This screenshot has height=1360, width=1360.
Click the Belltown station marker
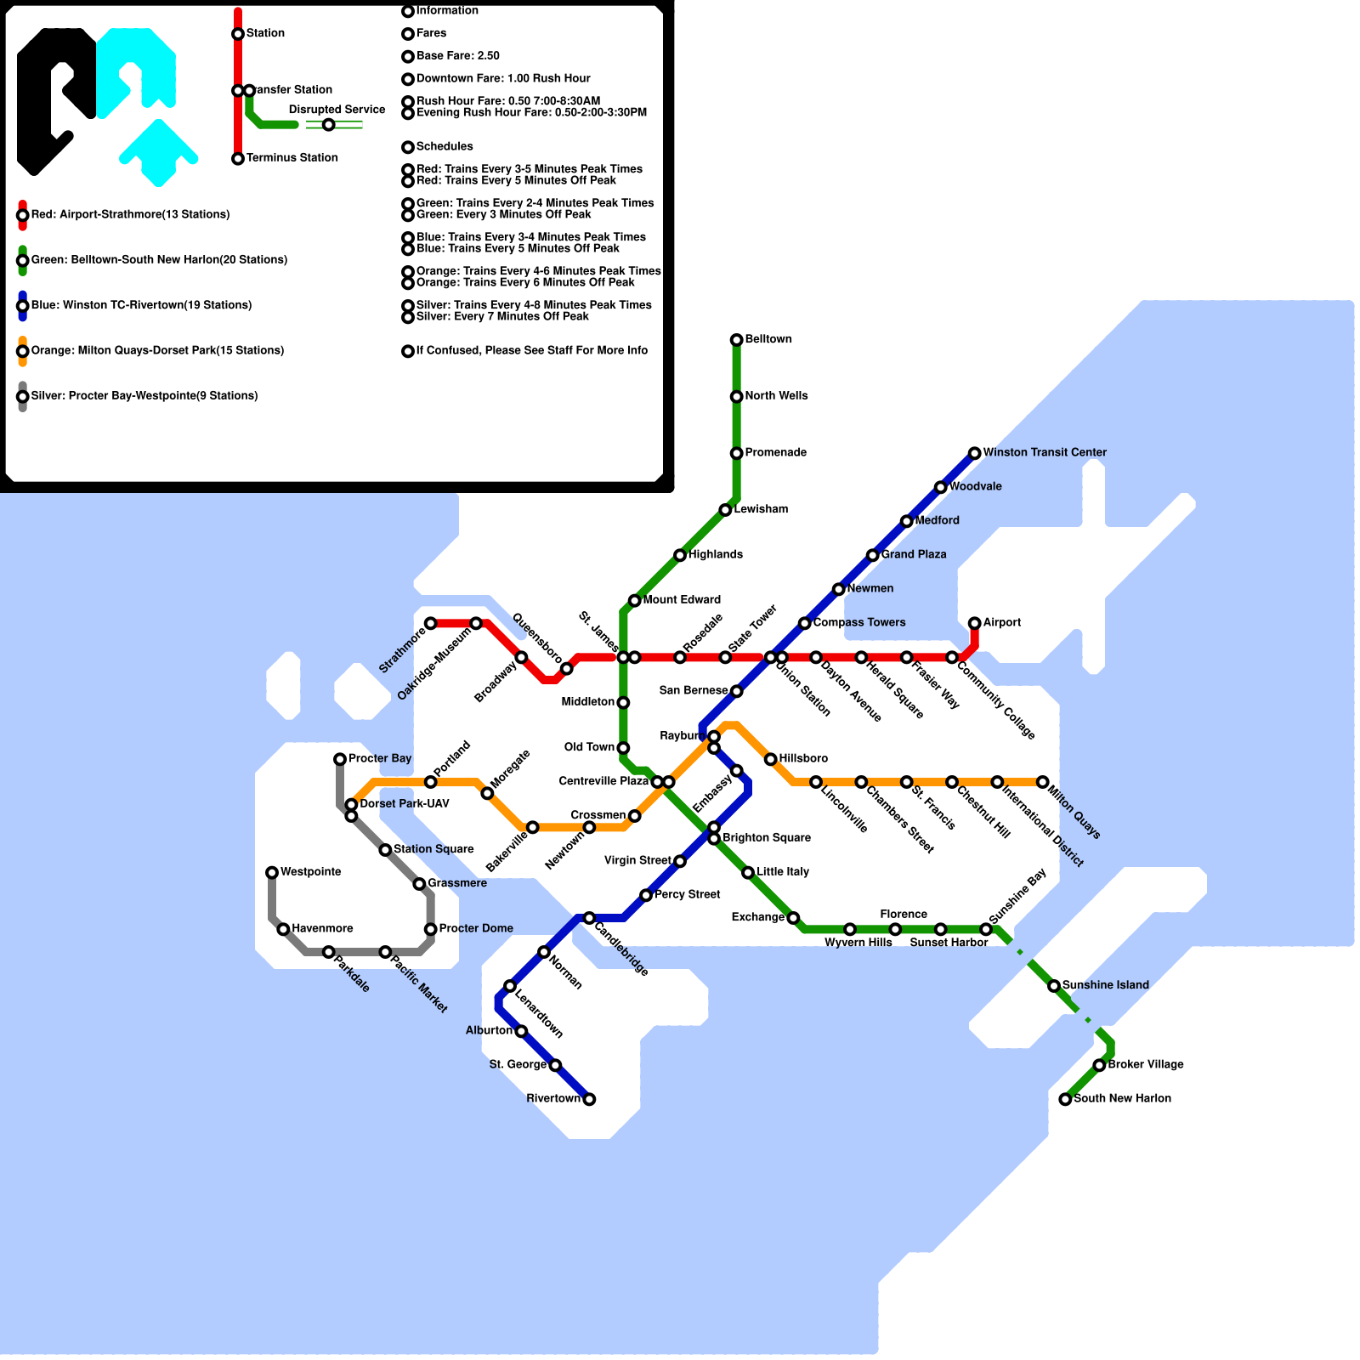[736, 340]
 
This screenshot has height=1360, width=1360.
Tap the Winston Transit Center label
[1044, 452]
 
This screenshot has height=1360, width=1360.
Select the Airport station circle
[974, 623]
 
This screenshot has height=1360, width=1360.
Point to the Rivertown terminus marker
[589, 1099]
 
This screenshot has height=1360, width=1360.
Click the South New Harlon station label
[1122, 1098]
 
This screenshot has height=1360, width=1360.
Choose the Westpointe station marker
[272, 872]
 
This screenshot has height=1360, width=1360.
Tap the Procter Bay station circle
[340, 759]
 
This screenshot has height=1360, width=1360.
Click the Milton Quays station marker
[1042, 782]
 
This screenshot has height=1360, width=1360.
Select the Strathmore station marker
[431, 623]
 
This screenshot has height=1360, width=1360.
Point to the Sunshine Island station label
[1105, 985]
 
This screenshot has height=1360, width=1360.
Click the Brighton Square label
[766, 837]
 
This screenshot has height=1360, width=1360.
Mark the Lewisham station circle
[725, 510]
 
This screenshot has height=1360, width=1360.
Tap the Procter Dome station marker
[431, 929]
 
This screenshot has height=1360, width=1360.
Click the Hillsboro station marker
[770, 759]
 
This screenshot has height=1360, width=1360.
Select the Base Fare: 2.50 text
[457, 56]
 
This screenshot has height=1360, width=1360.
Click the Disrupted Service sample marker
[328, 125]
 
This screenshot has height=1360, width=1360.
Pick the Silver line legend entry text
[144, 396]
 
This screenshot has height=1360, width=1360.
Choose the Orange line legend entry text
[157, 350]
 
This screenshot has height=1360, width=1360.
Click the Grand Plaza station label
[913, 554]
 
